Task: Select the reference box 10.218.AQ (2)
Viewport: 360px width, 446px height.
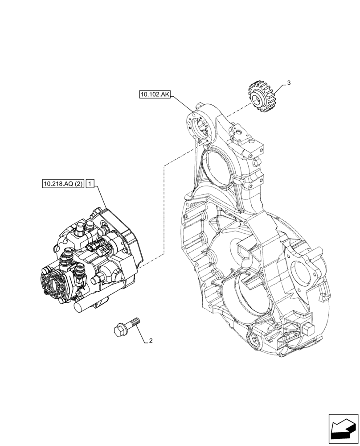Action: (63, 184)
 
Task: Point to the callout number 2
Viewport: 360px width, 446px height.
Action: (151, 341)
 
